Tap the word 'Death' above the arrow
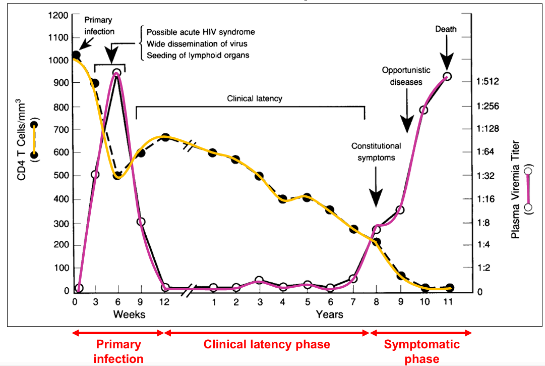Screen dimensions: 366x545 pyautogui.click(x=446, y=29)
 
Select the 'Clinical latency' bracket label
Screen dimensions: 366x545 pyautogui.click(x=255, y=98)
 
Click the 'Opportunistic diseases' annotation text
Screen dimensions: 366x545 pyautogui.click(x=401, y=75)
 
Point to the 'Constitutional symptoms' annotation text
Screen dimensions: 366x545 pyautogui.click(x=376, y=151)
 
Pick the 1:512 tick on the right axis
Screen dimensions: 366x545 pyautogui.click(x=488, y=81)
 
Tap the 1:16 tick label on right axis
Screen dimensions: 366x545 pyautogui.click(x=487, y=199)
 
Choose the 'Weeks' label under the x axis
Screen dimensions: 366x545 pyautogui.click(x=129, y=315)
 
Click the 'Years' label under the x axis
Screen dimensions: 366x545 pyautogui.click(x=329, y=315)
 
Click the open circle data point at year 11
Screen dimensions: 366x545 pyautogui.click(x=447, y=77)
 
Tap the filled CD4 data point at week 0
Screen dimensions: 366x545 pyautogui.click(x=76, y=55)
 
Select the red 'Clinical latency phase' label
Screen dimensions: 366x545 pyautogui.click(x=267, y=345)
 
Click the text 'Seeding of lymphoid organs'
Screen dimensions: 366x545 pyautogui.click(x=198, y=55)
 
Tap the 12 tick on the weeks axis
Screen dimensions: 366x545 pyautogui.click(x=164, y=302)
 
